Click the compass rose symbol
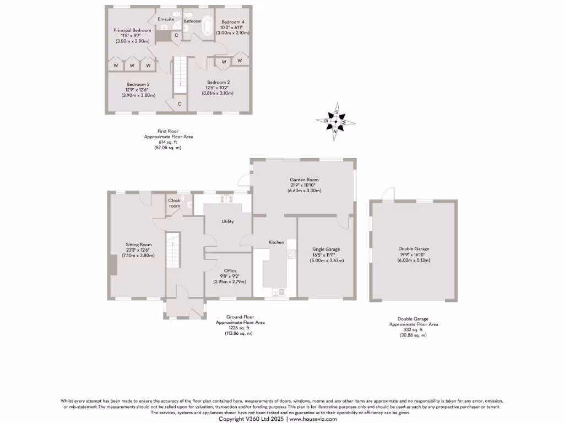(x=335, y=121)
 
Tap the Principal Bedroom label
(x=132, y=30)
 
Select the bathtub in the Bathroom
(x=208, y=26)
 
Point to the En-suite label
(x=166, y=19)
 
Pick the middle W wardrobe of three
(x=132, y=66)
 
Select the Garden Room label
(x=304, y=180)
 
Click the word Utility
(x=227, y=221)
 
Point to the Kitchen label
(x=276, y=242)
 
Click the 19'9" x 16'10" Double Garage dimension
(x=414, y=254)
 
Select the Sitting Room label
(x=138, y=245)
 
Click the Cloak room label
(x=174, y=203)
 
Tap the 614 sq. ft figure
(x=168, y=142)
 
